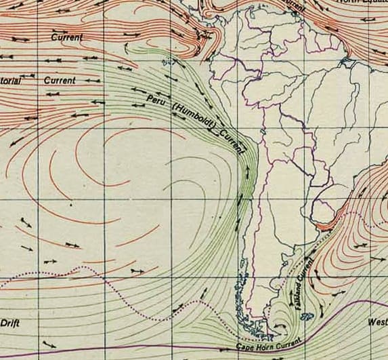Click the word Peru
(x=156, y=100)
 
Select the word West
(x=377, y=323)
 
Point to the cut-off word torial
(x=9, y=81)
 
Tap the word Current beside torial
(x=60, y=80)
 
